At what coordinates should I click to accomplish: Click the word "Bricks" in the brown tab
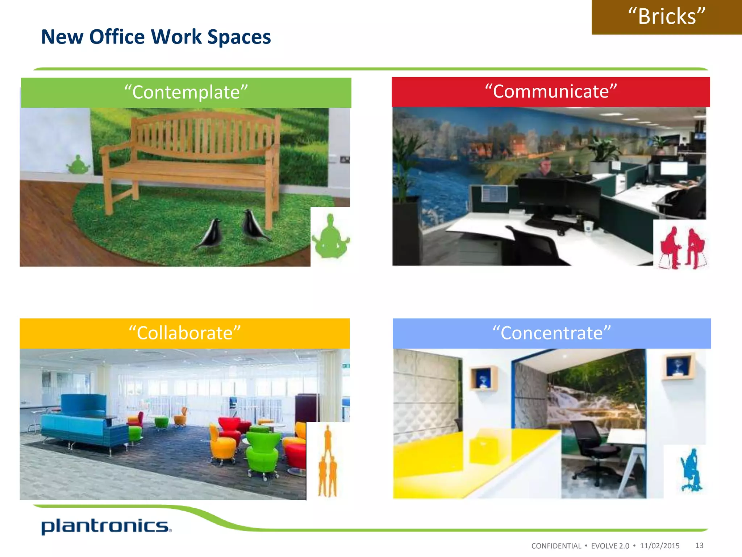(x=667, y=17)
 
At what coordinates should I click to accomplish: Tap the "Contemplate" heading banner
(x=186, y=92)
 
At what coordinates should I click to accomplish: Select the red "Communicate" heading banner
(x=550, y=92)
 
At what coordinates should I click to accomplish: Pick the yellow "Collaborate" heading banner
(x=184, y=333)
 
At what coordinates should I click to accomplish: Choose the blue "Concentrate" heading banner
(x=551, y=333)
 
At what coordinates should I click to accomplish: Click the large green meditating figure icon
(x=330, y=238)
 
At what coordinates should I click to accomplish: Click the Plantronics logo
(x=106, y=526)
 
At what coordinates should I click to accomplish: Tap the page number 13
(x=699, y=545)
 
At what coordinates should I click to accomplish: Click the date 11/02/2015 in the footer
(x=659, y=546)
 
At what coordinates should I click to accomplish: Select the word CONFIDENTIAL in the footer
(x=556, y=546)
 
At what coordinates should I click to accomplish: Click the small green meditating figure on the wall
(x=78, y=165)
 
